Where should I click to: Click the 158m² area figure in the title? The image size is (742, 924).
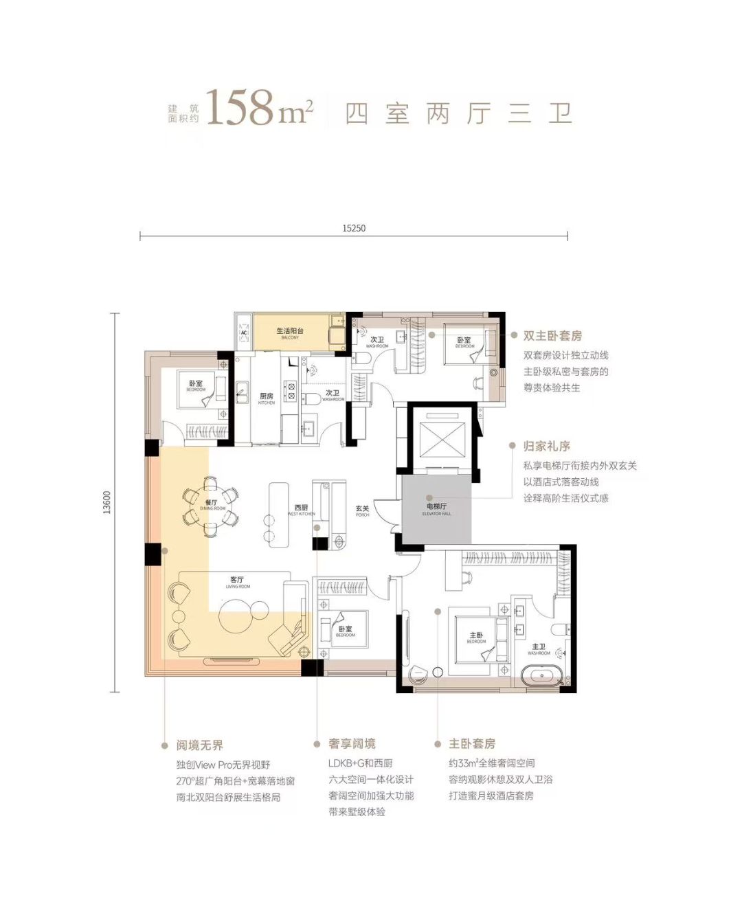[x=260, y=109]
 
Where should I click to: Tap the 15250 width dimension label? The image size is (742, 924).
[x=354, y=228]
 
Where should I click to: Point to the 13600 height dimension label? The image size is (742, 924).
[x=106, y=502]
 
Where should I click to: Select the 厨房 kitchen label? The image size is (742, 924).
[x=267, y=397]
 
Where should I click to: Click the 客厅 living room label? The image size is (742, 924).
[x=237, y=581]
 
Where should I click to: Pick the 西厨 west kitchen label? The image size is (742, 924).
[x=301, y=509]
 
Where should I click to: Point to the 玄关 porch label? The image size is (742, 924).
[x=362, y=510]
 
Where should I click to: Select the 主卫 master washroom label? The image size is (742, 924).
[x=539, y=648]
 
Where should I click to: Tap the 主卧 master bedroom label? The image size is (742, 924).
[x=476, y=637]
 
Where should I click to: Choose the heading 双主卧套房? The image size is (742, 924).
[x=552, y=336]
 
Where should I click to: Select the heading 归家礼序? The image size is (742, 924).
[x=547, y=446]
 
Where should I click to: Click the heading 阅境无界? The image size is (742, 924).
[x=199, y=745]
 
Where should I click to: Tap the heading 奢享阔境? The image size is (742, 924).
[x=352, y=744]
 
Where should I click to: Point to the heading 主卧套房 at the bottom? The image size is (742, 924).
[x=472, y=744]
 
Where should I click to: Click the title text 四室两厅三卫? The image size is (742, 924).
[x=458, y=113]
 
